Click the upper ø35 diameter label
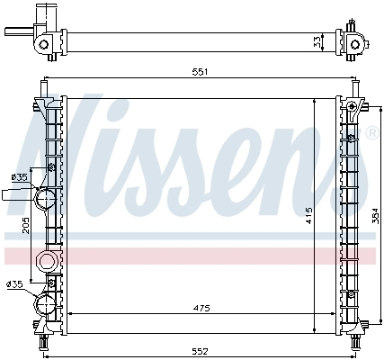point(17,176)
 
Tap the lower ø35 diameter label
point(14,285)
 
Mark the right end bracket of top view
point(355,40)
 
